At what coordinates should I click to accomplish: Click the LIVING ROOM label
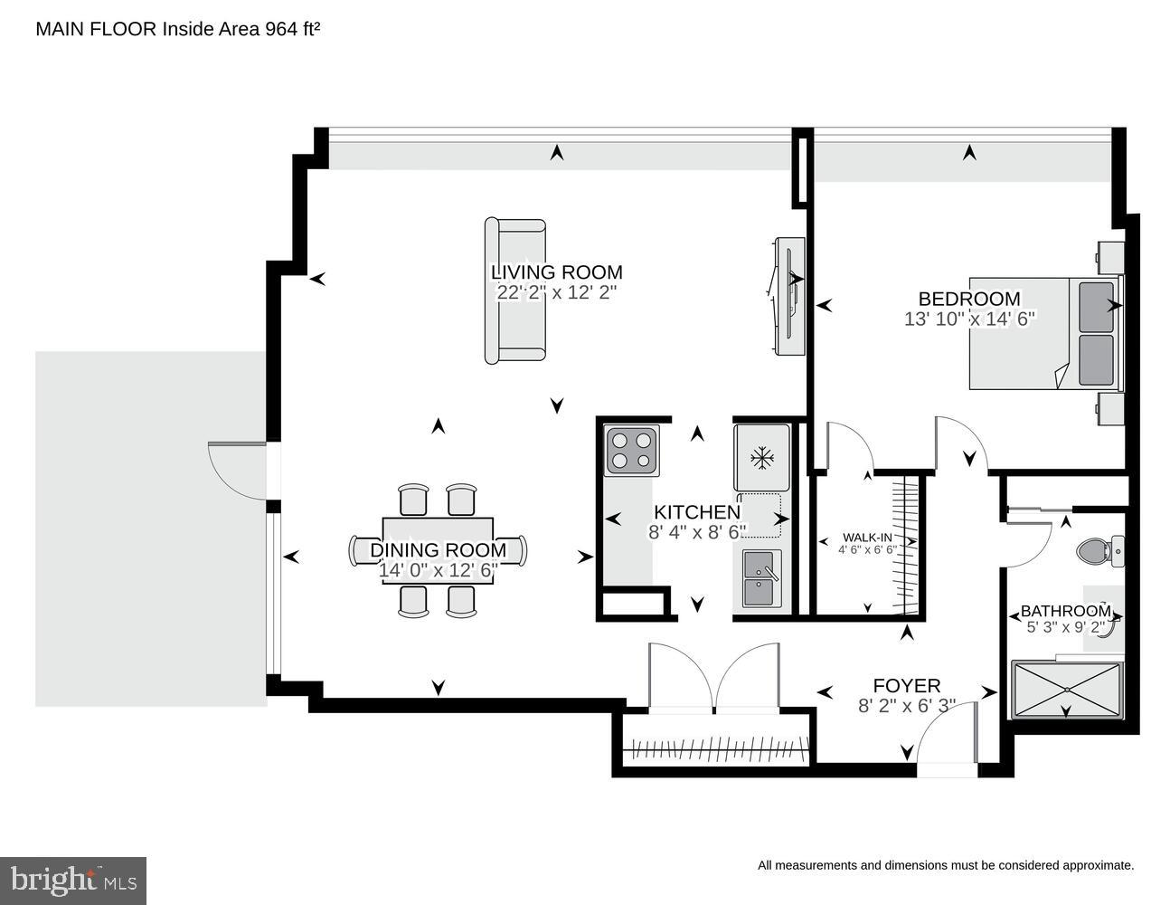click(556, 271)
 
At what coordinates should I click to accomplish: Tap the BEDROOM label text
click(968, 299)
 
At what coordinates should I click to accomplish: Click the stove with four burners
click(631, 451)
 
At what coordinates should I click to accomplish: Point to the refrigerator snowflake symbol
click(764, 458)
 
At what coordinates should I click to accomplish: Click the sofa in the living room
click(515, 291)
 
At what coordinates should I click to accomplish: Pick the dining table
click(438, 550)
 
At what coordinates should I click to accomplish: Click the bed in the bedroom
click(1044, 333)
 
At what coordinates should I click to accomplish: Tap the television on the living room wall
click(789, 296)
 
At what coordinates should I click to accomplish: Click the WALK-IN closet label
click(868, 537)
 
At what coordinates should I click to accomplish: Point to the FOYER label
click(906, 686)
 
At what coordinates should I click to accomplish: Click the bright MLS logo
click(73, 879)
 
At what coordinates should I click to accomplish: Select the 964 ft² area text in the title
click(292, 29)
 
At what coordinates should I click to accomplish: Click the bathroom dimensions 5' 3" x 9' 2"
click(1065, 626)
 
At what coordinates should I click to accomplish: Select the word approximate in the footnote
click(1095, 866)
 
